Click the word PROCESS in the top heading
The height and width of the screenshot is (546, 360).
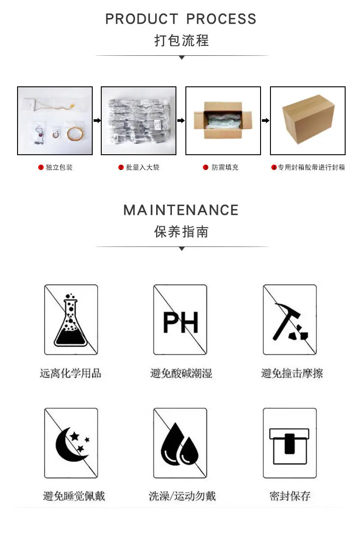pyautogui.click(x=221, y=19)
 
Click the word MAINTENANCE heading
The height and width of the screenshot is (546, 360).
pyautogui.click(x=181, y=210)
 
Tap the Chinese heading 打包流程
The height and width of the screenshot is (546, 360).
pyautogui.click(x=181, y=40)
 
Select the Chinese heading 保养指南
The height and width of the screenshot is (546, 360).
pyautogui.click(x=181, y=232)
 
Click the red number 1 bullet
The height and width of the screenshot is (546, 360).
pyautogui.click(x=41, y=167)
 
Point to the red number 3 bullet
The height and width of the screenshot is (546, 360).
pyautogui.click(x=206, y=167)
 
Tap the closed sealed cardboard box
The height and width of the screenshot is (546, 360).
pyautogui.click(x=308, y=119)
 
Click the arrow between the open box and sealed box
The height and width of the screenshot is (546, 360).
pyautogui.click(x=265, y=121)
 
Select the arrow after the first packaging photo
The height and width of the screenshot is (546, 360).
pyautogui.click(x=97, y=121)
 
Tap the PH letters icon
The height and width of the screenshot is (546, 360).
pyautogui.click(x=180, y=322)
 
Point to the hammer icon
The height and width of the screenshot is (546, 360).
pyautogui.click(x=290, y=322)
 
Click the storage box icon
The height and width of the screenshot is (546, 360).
pyautogui.click(x=289, y=446)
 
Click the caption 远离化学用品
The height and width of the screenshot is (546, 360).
pyautogui.click(x=71, y=373)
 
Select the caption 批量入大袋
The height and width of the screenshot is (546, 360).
pyautogui.click(x=143, y=167)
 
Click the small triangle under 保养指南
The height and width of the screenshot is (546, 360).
pyautogui.click(x=182, y=249)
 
